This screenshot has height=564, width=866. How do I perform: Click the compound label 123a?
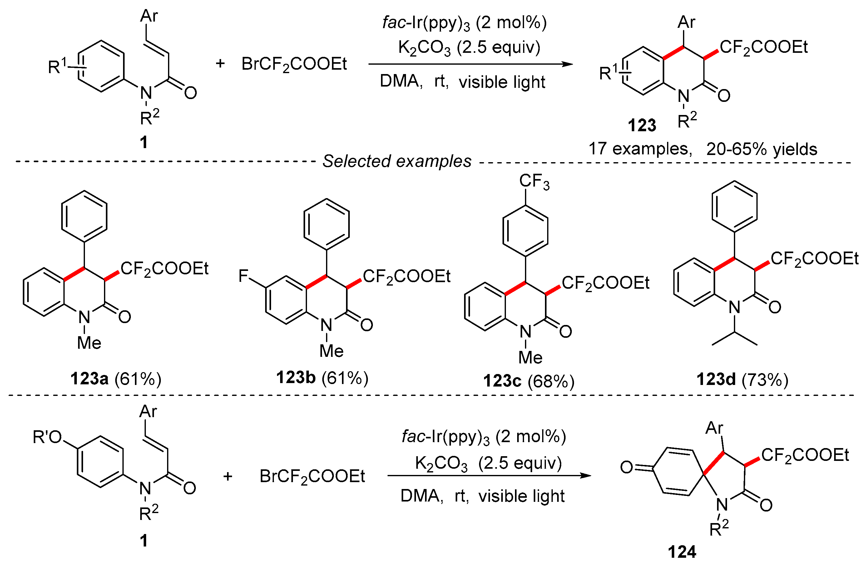pyautogui.click(x=90, y=379)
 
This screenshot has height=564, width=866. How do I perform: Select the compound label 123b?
pyautogui.click(x=295, y=377)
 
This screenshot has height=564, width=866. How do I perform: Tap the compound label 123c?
pyautogui.click(x=502, y=381)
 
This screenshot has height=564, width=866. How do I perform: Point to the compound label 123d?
pyautogui.click(x=716, y=379)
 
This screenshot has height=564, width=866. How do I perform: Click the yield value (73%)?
pyautogui.click(x=765, y=379)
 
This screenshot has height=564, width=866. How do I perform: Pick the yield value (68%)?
pyautogui.click(x=551, y=381)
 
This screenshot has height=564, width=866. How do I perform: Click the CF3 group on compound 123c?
pyautogui.click(x=534, y=182)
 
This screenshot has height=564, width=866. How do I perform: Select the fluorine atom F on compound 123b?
pyautogui.click(x=243, y=276)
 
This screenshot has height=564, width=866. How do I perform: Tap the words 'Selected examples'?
pyautogui.click(x=397, y=161)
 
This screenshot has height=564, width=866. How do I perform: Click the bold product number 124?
pyautogui.click(x=682, y=552)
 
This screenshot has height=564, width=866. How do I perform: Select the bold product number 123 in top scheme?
pyautogui.click(x=642, y=126)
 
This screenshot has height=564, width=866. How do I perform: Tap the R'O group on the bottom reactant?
pyautogui.click(x=47, y=437)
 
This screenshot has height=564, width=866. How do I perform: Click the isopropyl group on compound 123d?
pyautogui.click(x=734, y=337)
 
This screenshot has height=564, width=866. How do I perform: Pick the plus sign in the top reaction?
pyautogui.click(x=220, y=64)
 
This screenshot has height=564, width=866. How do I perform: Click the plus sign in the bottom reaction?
pyautogui.click(x=228, y=476)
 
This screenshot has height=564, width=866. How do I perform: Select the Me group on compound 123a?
pyautogui.click(x=89, y=343)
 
